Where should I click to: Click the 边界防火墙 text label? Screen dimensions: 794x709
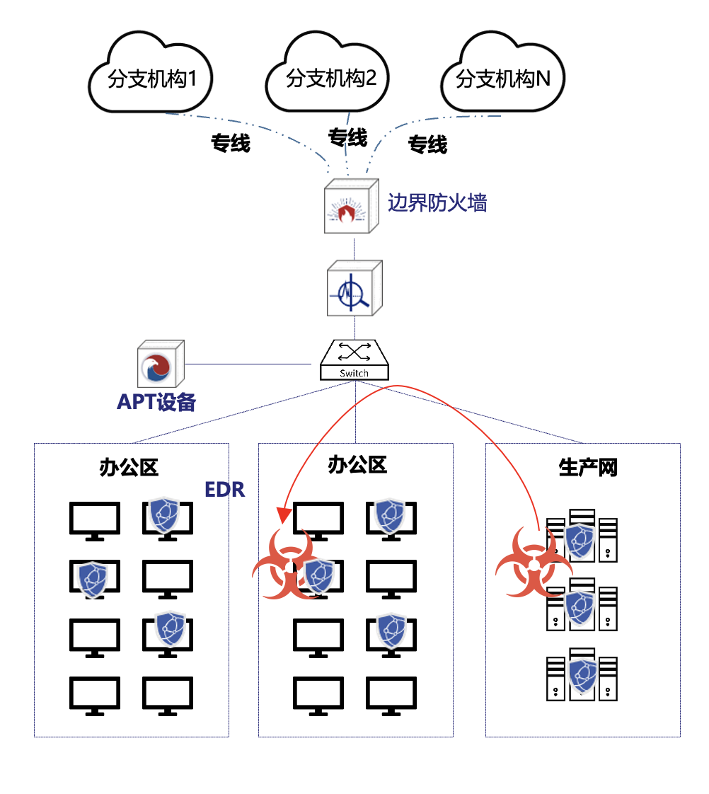pos(437,203)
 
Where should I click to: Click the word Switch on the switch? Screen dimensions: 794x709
pos(354,373)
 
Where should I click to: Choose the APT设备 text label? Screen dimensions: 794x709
pos(156,402)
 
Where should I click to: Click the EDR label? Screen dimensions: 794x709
pos(224,490)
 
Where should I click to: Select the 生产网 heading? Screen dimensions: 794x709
pos(588,468)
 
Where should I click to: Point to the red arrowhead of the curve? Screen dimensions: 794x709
pos(284,516)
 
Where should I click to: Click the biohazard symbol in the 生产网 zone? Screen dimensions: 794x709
pos(533,563)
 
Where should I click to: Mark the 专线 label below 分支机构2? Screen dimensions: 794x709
pos(347,137)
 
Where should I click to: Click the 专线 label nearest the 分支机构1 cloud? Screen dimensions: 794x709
pos(231,144)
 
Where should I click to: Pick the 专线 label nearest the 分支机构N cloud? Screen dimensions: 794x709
pos(427,145)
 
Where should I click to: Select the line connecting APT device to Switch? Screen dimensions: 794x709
pos(248,364)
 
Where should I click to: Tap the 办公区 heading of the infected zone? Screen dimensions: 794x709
pos(358,465)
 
